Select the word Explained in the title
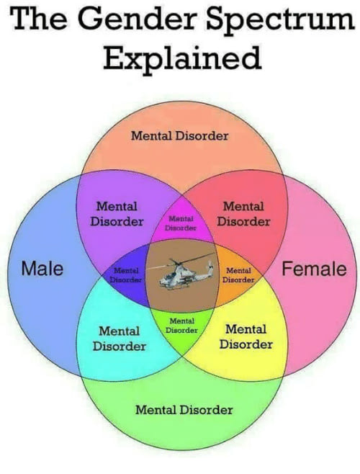tap(183, 58)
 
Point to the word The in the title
tap(40, 17)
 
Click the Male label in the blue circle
tap(42, 268)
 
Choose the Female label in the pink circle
tap(314, 269)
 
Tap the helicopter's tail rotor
tap(210, 267)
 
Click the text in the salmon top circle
tap(179, 135)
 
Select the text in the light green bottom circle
tap(184, 410)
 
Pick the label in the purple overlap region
tap(117, 214)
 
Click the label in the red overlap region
tap(243, 214)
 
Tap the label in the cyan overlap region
tap(120, 339)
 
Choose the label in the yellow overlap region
tap(246, 336)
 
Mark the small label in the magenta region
tap(181, 223)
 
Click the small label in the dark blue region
tap(126, 274)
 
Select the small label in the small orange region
tap(238, 275)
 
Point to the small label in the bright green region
tap(181, 326)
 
